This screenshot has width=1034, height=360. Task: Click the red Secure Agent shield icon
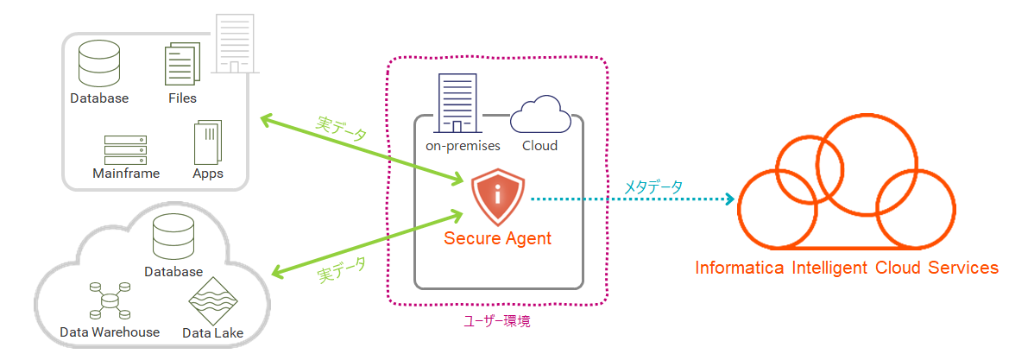click(x=498, y=199)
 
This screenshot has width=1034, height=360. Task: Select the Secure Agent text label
click(x=497, y=238)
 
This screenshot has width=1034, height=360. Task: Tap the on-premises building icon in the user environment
click(x=457, y=103)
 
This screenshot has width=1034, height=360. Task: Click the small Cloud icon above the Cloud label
click(x=540, y=116)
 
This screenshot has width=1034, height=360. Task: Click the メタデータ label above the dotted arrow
click(x=653, y=186)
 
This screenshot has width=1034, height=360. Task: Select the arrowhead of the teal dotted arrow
click(x=729, y=199)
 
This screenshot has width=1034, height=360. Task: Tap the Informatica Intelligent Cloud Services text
click(x=847, y=268)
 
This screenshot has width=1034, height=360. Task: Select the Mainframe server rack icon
click(x=125, y=150)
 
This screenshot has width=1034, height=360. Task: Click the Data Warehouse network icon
click(x=110, y=301)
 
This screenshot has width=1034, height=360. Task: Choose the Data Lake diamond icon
click(x=212, y=300)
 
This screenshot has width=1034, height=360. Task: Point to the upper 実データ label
click(x=341, y=130)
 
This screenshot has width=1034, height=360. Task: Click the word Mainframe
click(x=126, y=174)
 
